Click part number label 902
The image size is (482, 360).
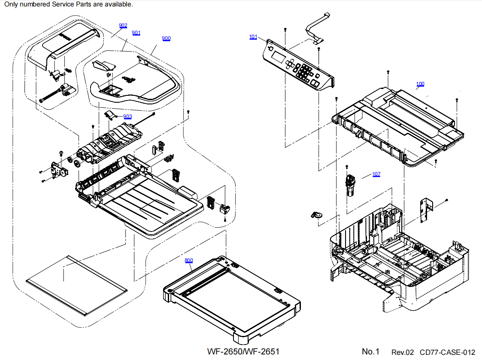point(123,26)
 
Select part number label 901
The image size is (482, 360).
point(136,33)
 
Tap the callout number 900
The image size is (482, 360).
point(166,39)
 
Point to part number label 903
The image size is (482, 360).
point(127,117)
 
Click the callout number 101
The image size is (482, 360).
point(253,37)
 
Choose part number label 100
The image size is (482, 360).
point(420,84)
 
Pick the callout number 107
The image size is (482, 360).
point(376,174)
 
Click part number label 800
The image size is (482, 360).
point(189,261)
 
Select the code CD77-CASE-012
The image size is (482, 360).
point(448,352)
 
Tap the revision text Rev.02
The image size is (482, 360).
point(403,352)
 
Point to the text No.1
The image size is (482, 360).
point(371,351)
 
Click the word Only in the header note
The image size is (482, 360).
point(11,4)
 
